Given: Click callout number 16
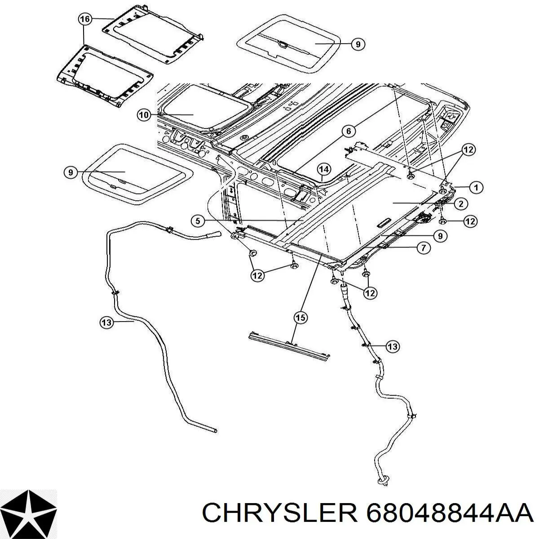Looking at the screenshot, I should [x=85, y=19].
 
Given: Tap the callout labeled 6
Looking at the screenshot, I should [x=349, y=132].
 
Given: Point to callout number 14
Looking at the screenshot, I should [x=324, y=169].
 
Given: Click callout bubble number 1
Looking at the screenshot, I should [x=476, y=187].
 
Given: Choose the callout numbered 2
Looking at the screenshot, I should [x=461, y=204].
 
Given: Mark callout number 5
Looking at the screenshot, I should [x=198, y=221].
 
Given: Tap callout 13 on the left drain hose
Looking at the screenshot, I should [x=106, y=322].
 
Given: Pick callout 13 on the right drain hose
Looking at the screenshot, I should [x=392, y=346].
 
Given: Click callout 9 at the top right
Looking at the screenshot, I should [x=358, y=44].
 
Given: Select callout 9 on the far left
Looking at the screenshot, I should [x=71, y=172].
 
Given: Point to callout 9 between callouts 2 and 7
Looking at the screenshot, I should [x=440, y=236].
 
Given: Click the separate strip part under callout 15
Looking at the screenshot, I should [x=290, y=346].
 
